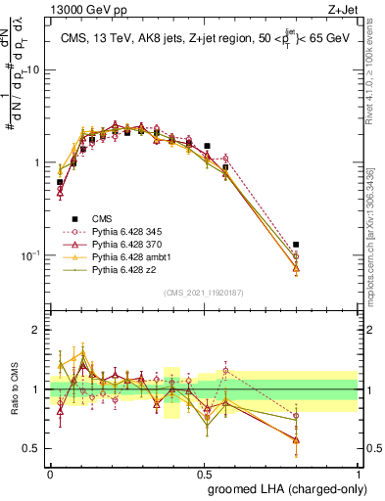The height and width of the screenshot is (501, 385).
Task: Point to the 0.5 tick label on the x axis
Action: click(204, 473)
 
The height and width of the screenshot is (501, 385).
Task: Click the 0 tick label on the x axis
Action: click(50, 473)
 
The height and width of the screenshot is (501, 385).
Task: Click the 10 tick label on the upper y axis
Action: click(33, 69)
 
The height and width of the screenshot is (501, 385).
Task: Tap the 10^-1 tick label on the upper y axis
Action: click(30, 254)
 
